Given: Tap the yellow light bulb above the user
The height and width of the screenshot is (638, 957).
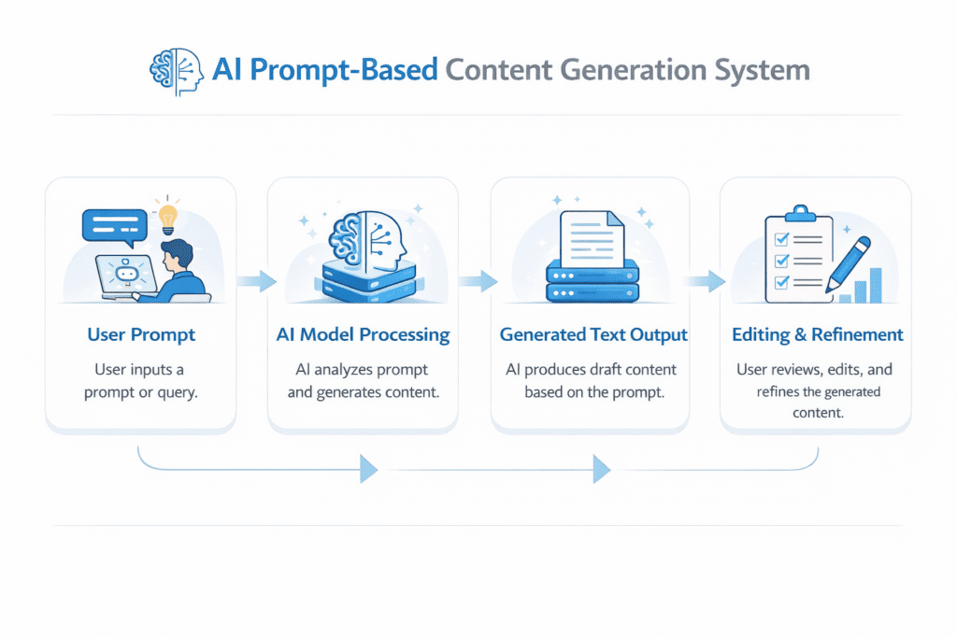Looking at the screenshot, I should pyautogui.click(x=168, y=216).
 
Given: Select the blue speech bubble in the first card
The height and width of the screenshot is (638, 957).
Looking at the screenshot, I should pyautogui.click(x=116, y=226).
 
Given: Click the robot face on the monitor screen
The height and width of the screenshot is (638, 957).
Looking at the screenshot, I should pyautogui.click(x=124, y=274).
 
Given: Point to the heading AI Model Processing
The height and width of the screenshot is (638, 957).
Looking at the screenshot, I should pyautogui.click(x=363, y=334).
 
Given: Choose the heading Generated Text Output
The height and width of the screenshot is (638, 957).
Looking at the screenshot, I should pyautogui.click(x=593, y=334).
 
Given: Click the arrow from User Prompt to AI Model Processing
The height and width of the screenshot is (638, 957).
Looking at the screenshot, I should pyautogui.click(x=255, y=280).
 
